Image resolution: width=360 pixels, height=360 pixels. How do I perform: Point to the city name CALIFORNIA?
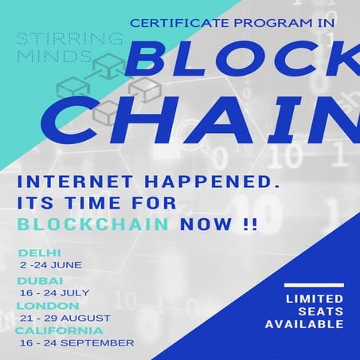pos(58,331)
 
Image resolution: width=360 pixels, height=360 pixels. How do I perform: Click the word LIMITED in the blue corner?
pos(313,299)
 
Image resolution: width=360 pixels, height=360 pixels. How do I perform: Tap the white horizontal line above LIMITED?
pos(313,284)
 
